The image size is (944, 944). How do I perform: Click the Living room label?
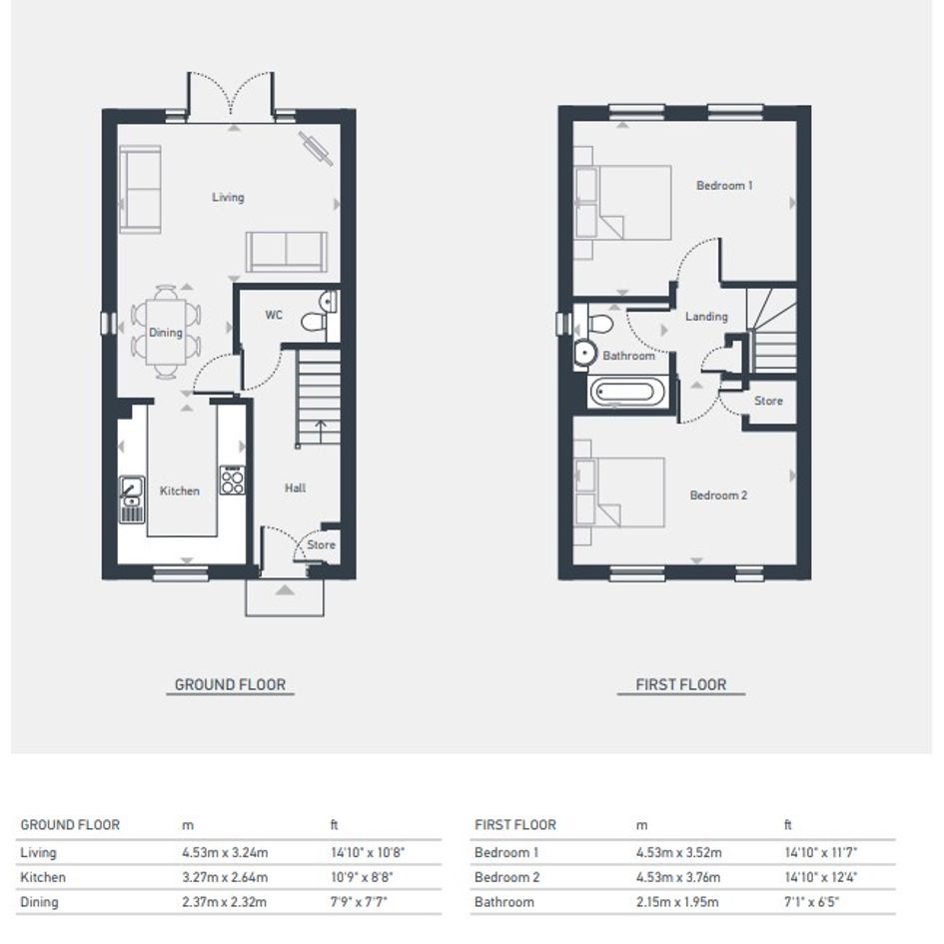228,197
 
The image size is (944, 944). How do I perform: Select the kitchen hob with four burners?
233,480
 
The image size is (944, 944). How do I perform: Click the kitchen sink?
132,499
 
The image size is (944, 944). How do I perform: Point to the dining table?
166,332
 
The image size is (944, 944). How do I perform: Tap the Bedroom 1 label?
724,186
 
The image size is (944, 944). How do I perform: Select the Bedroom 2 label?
718,495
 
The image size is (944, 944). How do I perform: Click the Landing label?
706,316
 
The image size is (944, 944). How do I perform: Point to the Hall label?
295,487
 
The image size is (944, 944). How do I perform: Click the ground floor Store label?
321,544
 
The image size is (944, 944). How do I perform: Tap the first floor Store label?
768,401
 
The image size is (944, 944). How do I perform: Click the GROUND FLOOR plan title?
230,684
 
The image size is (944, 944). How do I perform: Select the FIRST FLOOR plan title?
681,684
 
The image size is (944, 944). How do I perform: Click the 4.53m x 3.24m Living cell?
225,852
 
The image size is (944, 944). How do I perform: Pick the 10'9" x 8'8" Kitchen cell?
362,877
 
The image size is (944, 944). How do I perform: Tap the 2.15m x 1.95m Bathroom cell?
677,902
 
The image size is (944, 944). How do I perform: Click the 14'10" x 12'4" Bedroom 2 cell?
820,877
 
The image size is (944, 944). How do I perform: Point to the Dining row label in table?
39,902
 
